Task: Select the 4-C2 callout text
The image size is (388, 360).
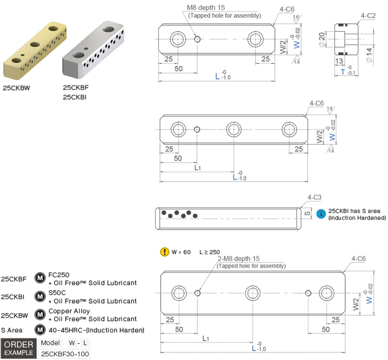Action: (x=368, y=16)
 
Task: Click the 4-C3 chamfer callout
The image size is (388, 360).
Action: (x=314, y=197)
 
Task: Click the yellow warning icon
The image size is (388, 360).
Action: (x=164, y=251)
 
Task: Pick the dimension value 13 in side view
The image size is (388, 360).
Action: (x=338, y=61)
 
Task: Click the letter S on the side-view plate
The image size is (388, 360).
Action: (x=305, y=212)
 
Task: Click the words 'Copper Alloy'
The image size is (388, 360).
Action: (x=69, y=311)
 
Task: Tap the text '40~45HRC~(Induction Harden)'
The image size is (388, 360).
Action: (x=96, y=330)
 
